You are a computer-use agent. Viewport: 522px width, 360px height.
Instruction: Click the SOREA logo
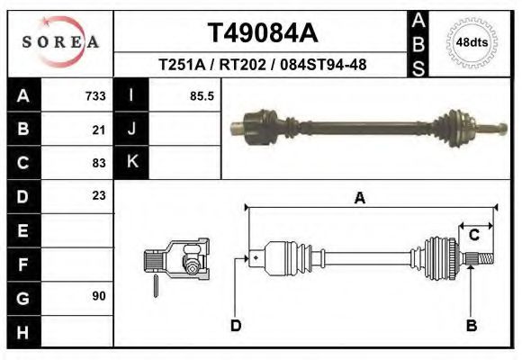pos(60,42)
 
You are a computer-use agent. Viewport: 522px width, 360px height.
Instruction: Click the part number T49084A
pos(263,33)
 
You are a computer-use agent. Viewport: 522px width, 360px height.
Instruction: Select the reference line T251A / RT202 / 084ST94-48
pos(262,65)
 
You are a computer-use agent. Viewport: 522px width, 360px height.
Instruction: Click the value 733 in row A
pos(95,96)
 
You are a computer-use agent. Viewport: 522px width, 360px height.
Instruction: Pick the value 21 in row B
pos(99,130)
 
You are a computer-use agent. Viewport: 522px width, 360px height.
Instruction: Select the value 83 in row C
pos(99,163)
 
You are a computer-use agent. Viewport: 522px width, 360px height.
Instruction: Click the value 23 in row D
pos(99,195)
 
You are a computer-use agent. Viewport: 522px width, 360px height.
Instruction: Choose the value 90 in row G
pos(99,296)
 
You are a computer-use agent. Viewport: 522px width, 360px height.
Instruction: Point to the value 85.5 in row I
pos(202,96)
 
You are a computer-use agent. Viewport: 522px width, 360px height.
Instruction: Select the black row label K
pos(131,163)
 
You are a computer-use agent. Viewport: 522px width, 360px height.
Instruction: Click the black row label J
pos(131,130)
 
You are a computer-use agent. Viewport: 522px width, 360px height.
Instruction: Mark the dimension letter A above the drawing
pos(360,200)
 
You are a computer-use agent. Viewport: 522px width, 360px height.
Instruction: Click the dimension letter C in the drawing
pos(473,236)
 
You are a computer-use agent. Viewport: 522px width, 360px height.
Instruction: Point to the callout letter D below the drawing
pos(236,325)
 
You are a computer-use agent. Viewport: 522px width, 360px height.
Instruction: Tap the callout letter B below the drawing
pos(471,325)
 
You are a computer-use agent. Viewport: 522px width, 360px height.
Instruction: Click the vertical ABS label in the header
pos(418,42)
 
